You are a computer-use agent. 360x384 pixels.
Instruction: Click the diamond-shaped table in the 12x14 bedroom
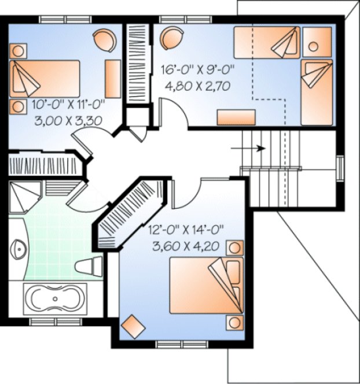[134, 326]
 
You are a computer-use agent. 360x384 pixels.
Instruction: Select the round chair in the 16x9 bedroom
[172, 39]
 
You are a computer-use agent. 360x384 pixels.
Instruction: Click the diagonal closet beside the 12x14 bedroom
[131, 212]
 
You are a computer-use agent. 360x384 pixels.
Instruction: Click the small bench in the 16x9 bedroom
[232, 117]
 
